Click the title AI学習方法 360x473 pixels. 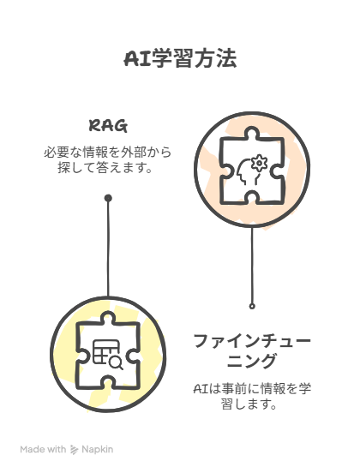coord(180,58)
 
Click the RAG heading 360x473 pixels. coord(108,126)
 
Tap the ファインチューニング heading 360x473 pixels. coord(252,350)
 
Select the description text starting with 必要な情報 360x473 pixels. coord(108,160)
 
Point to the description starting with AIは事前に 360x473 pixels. coord(252,396)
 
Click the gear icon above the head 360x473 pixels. coord(259,163)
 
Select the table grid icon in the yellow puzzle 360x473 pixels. coord(105,351)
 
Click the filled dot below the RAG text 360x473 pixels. coord(108,198)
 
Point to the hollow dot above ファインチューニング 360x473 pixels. coord(252,306)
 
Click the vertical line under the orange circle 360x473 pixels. coord(252,266)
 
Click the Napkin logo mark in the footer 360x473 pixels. coord(74,450)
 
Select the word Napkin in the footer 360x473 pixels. coord(98,450)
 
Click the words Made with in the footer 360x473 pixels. coord(43,449)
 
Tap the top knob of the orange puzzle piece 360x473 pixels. coord(252,133)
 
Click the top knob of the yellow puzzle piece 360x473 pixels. coord(108,317)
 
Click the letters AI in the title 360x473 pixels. coord(137,58)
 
